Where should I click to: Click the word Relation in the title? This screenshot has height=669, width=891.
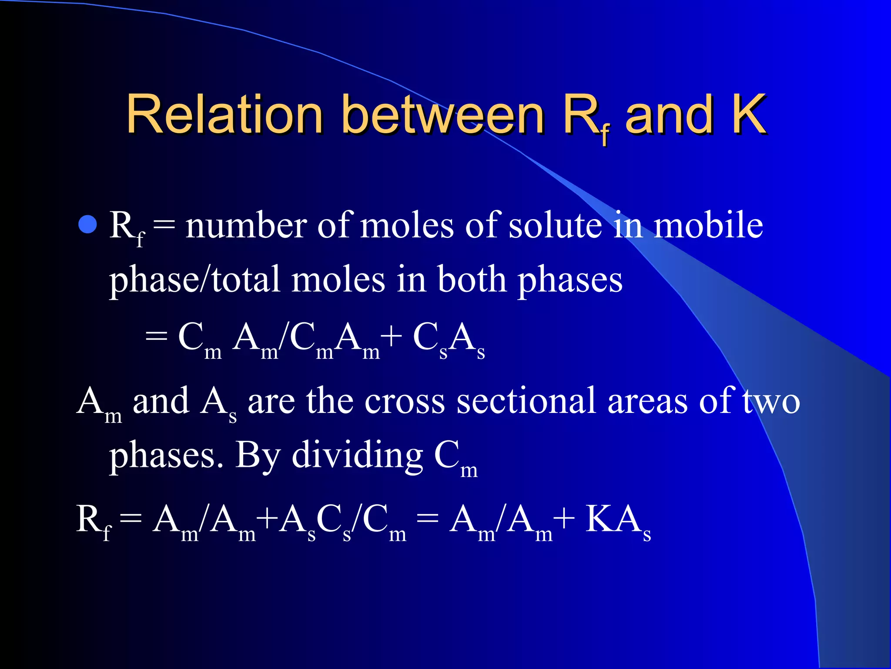(224, 114)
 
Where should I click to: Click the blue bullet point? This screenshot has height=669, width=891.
(88, 225)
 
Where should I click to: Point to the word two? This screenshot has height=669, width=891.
(771, 402)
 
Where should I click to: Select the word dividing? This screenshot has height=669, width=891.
(357, 456)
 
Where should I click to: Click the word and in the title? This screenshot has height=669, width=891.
(669, 114)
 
